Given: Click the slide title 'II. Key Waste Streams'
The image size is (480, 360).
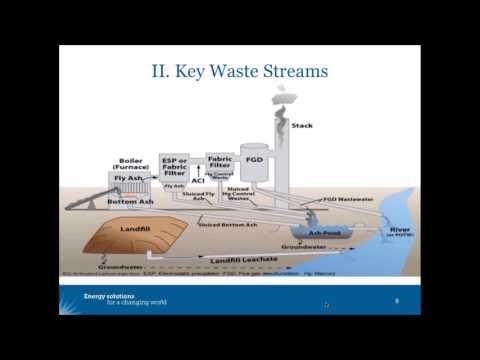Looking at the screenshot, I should point(240,72).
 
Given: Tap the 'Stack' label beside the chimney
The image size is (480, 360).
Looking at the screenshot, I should point(301,125).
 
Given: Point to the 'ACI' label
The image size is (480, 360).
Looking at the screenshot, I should point(198,181).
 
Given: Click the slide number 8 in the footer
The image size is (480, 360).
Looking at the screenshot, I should point(397,300).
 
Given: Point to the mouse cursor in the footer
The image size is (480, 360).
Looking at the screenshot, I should point(327,305).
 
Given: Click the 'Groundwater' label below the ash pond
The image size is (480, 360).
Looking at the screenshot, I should point(301,246).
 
